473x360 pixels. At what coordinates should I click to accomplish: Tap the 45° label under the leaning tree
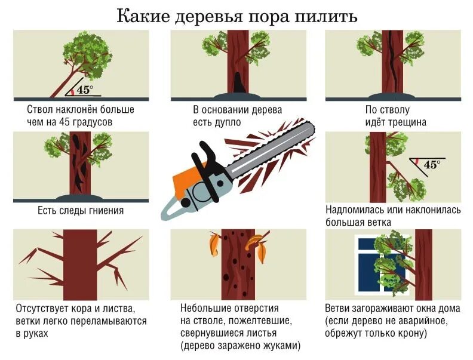(x=85, y=90)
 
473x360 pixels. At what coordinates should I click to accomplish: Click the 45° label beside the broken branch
(x=432, y=165)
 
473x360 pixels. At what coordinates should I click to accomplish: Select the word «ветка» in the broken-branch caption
(x=379, y=222)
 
